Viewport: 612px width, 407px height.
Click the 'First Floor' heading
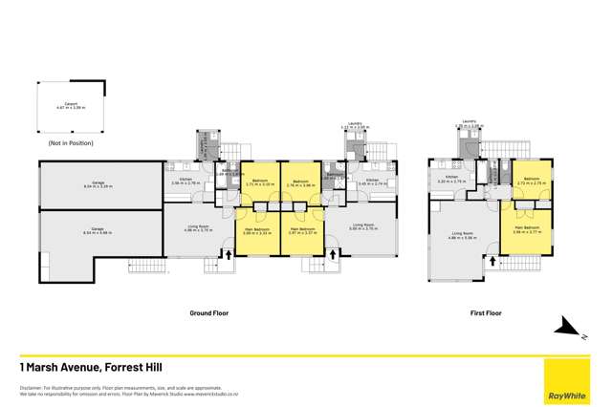coord(487,311)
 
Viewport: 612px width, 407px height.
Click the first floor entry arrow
coord(492,258)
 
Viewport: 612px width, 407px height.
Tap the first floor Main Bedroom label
coord(525,228)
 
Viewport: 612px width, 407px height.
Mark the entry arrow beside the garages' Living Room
coord(228,254)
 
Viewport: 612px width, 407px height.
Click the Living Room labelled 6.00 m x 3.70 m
coord(361,228)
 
